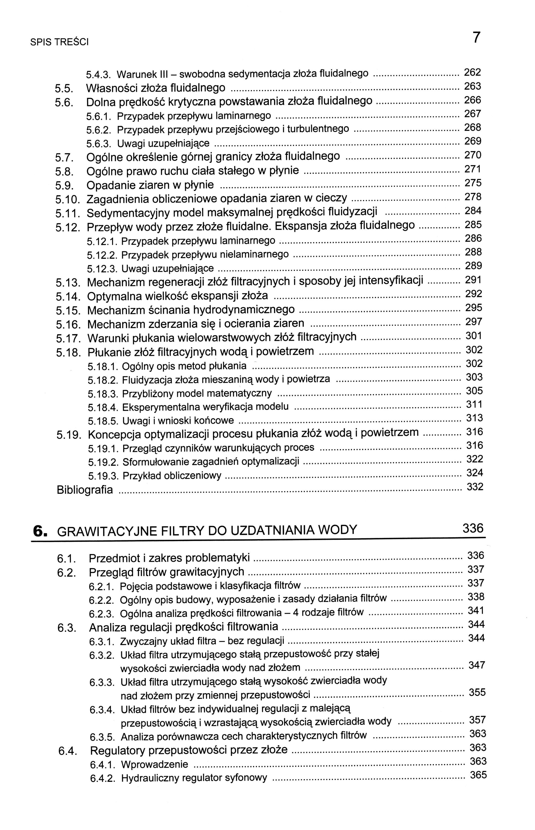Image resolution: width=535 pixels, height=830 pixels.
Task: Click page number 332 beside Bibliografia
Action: click(x=475, y=487)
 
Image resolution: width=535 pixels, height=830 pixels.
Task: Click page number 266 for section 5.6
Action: click(x=473, y=101)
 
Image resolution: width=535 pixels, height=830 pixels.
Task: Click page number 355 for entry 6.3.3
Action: click(x=477, y=692)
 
